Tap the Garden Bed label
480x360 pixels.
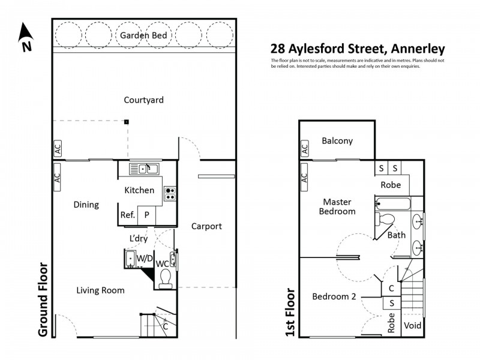[147, 36]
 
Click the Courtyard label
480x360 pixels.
[143, 100]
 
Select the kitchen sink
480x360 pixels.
[143, 168]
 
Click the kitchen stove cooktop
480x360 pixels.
[170, 193]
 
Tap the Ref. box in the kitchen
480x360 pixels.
[127, 215]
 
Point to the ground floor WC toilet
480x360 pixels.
[166, 277]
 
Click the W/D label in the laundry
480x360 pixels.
[145, 259]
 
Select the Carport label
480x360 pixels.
[206, 226]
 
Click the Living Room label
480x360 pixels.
[100, 290]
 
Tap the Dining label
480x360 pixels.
[86, 205]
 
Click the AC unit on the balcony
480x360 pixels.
[304, 148]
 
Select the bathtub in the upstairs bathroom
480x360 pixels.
[393, 204]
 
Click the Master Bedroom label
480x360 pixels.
[337, 206]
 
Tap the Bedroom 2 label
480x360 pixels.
[334, 296]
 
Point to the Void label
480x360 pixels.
[412, 326]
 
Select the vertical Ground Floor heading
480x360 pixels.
[43, 298]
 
